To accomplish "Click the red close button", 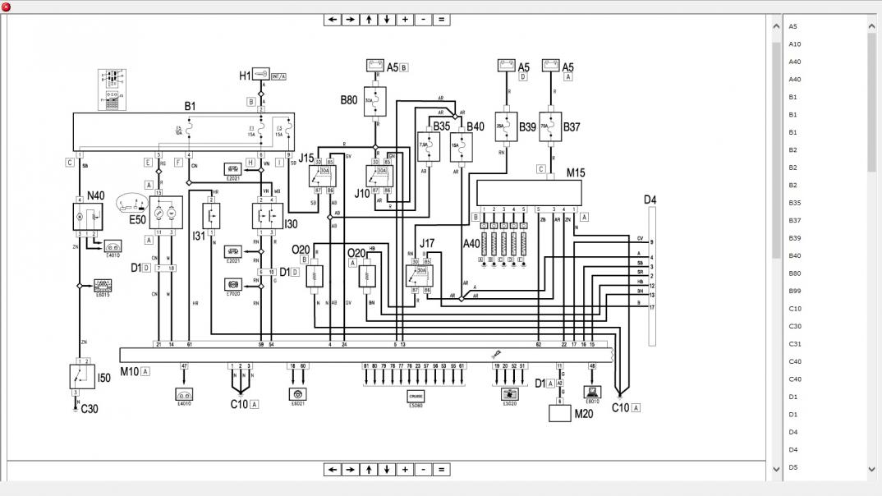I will [x=7, y=7].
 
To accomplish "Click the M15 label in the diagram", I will [x=576, y=173].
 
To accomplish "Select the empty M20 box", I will [x=560, y=412].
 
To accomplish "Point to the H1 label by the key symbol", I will [x=245, y=76].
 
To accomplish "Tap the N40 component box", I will [x=88, y=216].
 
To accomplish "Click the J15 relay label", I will [x=306, y=158].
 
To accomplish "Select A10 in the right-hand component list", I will [x=795, y=44].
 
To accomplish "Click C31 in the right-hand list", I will [x=795, y=344].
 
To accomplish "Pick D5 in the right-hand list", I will [x=793, y=467].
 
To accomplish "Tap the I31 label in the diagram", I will [x=199, y=236].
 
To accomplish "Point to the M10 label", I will [x=130, y=371].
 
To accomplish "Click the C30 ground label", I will [x=90, y=408].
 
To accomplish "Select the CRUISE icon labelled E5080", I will [x=416, y=397].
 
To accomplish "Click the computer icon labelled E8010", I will [x=592, y=392].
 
